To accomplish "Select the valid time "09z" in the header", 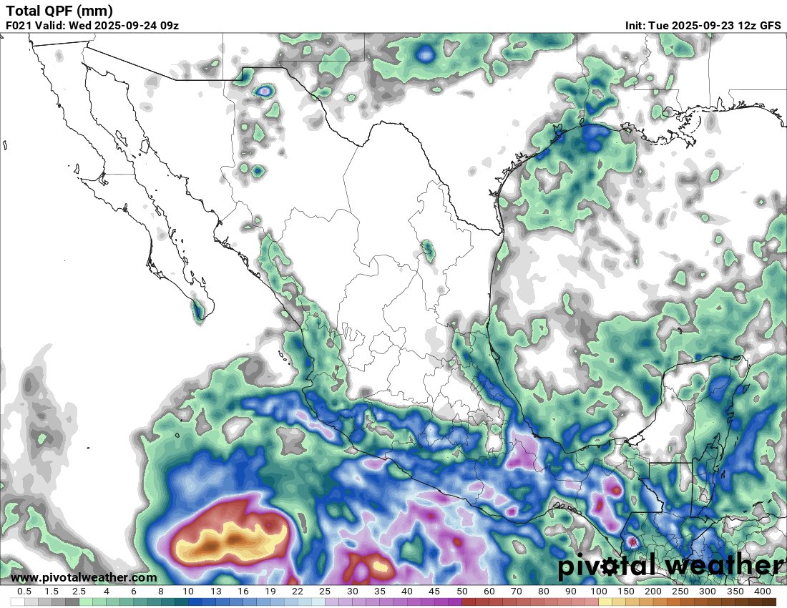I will pyautogui.click(x=169, y=26).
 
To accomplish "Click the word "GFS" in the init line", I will pyautogui.click(x=770, y=26).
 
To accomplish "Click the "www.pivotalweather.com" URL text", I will pyautogui.click(x=84, y=577).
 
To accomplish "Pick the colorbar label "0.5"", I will pyautogui.click(x=24, y=592).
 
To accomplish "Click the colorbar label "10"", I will pyautogui.click(x=188, y=592).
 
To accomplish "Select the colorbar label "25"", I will pyautogui.click(x=325, y=592).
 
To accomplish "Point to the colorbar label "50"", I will pyautogui.click(x=461, y=592).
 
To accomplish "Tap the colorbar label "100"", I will pyautogui.click(x=599, y=592).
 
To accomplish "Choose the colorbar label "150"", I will pyautogui.click(x=626, y=592).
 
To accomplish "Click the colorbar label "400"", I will pyautogui.click(x=763, y=592).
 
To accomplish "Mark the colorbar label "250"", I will pyautogui.click(x=680, y=592).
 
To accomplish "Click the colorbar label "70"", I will pyautogui.click(x=517, y=592).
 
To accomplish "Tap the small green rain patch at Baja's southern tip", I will pyautogui.click(x=198, y=310).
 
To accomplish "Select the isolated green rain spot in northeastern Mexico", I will pyautogui.click(x=428, y=250).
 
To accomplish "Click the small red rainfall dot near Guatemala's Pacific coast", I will pyautogui.click(x=632, y=541).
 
